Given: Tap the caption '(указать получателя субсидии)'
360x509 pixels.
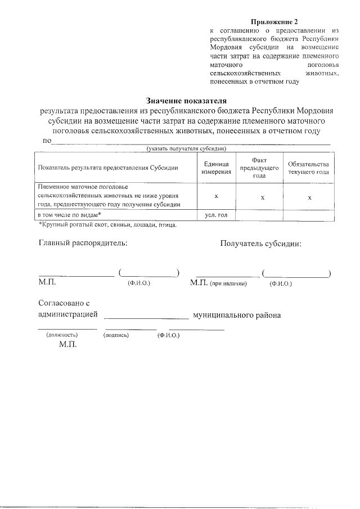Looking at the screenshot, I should pos(186,148).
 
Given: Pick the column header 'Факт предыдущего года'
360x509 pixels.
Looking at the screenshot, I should pos(259,168).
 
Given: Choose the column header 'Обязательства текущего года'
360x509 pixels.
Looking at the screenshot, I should pos(308,168).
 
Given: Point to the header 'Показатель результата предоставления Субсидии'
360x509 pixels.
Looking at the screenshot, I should pos(107,168).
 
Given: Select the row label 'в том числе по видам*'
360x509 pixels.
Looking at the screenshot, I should pos(69,215).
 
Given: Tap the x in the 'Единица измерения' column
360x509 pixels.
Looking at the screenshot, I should pos(217,196).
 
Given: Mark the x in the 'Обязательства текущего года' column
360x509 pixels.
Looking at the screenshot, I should pos(309,197).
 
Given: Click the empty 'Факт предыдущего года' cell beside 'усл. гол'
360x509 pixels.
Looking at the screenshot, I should pos(259,215).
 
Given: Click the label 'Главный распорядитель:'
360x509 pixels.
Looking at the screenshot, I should pos(83,244).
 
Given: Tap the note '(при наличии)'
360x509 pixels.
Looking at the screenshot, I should pos(228,284).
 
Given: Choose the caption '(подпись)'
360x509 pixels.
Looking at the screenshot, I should pos(116,335).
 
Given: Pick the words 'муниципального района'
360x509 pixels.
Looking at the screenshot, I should pos(236,315).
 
